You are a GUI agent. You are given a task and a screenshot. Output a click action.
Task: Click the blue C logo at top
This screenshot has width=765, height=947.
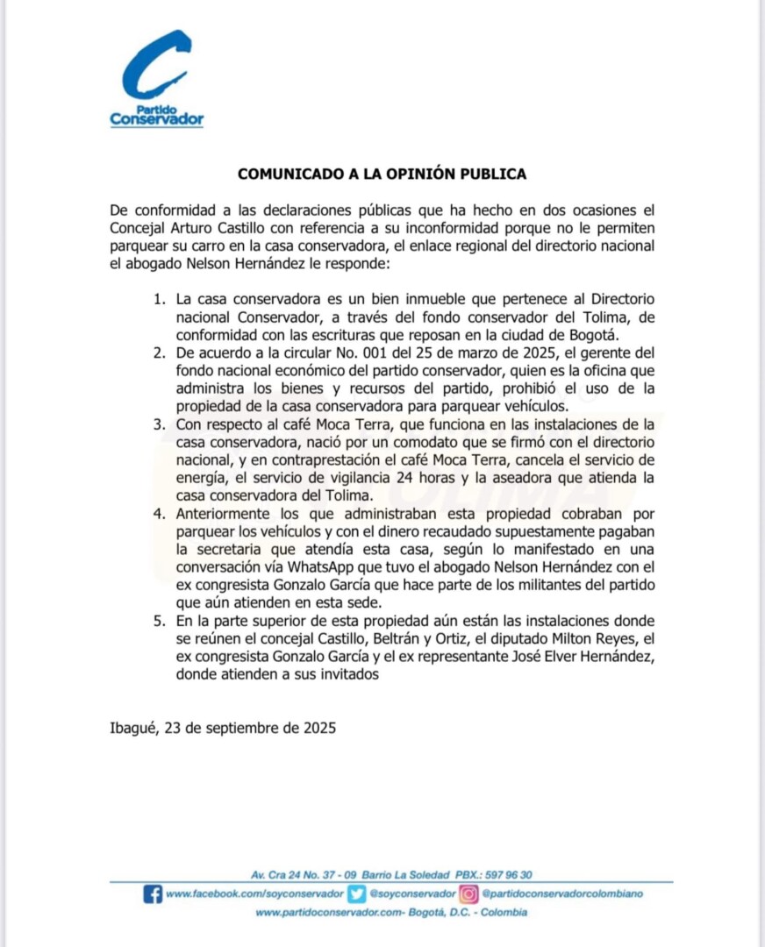click(x=156, y=65)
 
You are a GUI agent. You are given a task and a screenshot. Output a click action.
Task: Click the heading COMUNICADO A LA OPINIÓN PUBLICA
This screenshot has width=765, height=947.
click(x=382, y=174)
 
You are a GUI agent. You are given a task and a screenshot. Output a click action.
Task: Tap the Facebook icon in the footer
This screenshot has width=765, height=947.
click(x=152, y=894)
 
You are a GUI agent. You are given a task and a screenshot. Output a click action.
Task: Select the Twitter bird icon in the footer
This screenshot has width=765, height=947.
click(x=356, y=894)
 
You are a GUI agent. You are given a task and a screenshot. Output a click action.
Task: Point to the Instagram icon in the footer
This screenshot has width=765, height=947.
click(x=469, y=894)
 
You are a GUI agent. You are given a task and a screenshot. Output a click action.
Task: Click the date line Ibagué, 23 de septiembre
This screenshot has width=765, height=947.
click(x=223, y=728)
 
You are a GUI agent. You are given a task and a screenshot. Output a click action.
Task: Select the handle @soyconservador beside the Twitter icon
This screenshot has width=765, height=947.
click(x=411, y=894)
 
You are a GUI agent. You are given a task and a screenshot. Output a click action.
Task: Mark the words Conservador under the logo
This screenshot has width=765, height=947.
click(x=157, y=119)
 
